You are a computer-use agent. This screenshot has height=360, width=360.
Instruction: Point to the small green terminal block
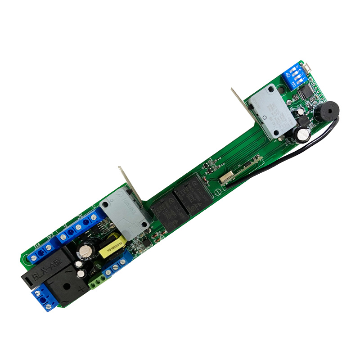point(99,282)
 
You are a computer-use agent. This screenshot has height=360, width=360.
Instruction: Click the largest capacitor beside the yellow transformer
point(85,253)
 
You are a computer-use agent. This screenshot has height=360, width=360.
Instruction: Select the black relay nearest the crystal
point(189,196)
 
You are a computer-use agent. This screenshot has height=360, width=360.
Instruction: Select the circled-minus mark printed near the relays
point(217,193)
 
